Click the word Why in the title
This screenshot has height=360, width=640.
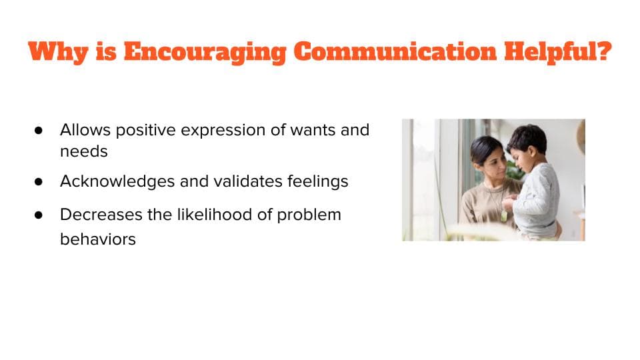click(59, 52)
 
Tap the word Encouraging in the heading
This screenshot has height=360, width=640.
click(205, 53)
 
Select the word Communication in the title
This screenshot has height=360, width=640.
click(395, 51)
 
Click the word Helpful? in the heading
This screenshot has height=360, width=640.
click(558, 52)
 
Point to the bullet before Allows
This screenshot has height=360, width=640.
click(39, 130)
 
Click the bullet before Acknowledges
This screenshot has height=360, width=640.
click(39, 181)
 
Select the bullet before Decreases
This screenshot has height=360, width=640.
click(39, 215)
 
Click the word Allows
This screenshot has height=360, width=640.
click(85, 130)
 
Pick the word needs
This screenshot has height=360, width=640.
click(84, 151)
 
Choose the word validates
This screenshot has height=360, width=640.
click(248, 181)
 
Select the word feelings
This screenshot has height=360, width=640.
click(317, 181)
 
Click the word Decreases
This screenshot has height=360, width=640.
click(101, 215)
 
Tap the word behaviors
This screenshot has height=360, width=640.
click(98, 239)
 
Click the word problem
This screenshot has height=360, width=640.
click(309, 215)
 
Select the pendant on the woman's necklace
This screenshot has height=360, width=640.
click(505, 215)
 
